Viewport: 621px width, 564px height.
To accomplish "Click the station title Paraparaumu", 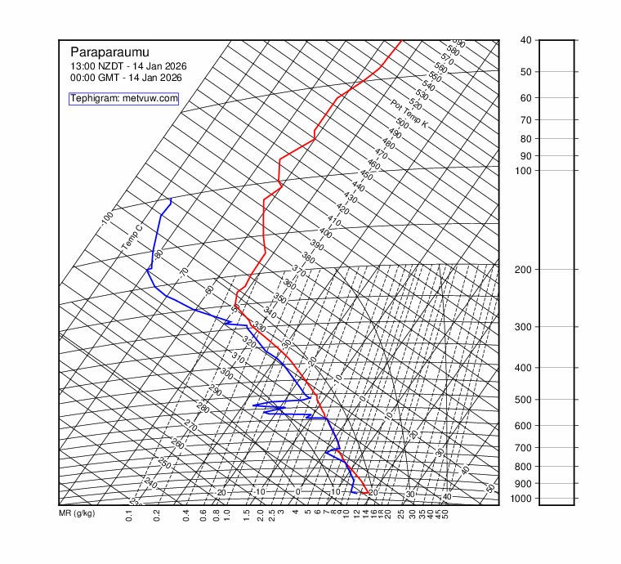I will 111,51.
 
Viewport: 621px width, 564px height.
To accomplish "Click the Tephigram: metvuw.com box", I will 123,98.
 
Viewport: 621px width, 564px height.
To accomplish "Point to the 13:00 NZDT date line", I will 126,66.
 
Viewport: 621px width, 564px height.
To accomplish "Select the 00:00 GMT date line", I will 126,78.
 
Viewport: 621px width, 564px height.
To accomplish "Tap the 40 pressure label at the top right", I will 525,40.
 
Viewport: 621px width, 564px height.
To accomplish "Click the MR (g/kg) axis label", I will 77,513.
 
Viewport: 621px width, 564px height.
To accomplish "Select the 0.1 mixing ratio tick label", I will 129,516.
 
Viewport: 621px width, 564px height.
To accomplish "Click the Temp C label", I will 132,236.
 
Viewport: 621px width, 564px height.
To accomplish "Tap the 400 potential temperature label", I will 325,233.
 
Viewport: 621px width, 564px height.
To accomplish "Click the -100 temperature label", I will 106,219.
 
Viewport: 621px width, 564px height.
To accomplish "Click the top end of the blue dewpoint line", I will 171,199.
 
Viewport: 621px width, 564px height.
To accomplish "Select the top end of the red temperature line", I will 401,40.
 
